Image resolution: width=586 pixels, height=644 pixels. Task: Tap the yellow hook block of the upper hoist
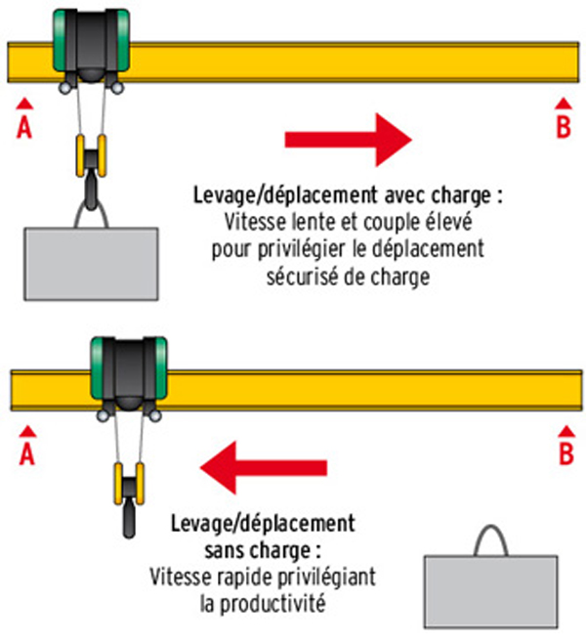coord(91,156)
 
